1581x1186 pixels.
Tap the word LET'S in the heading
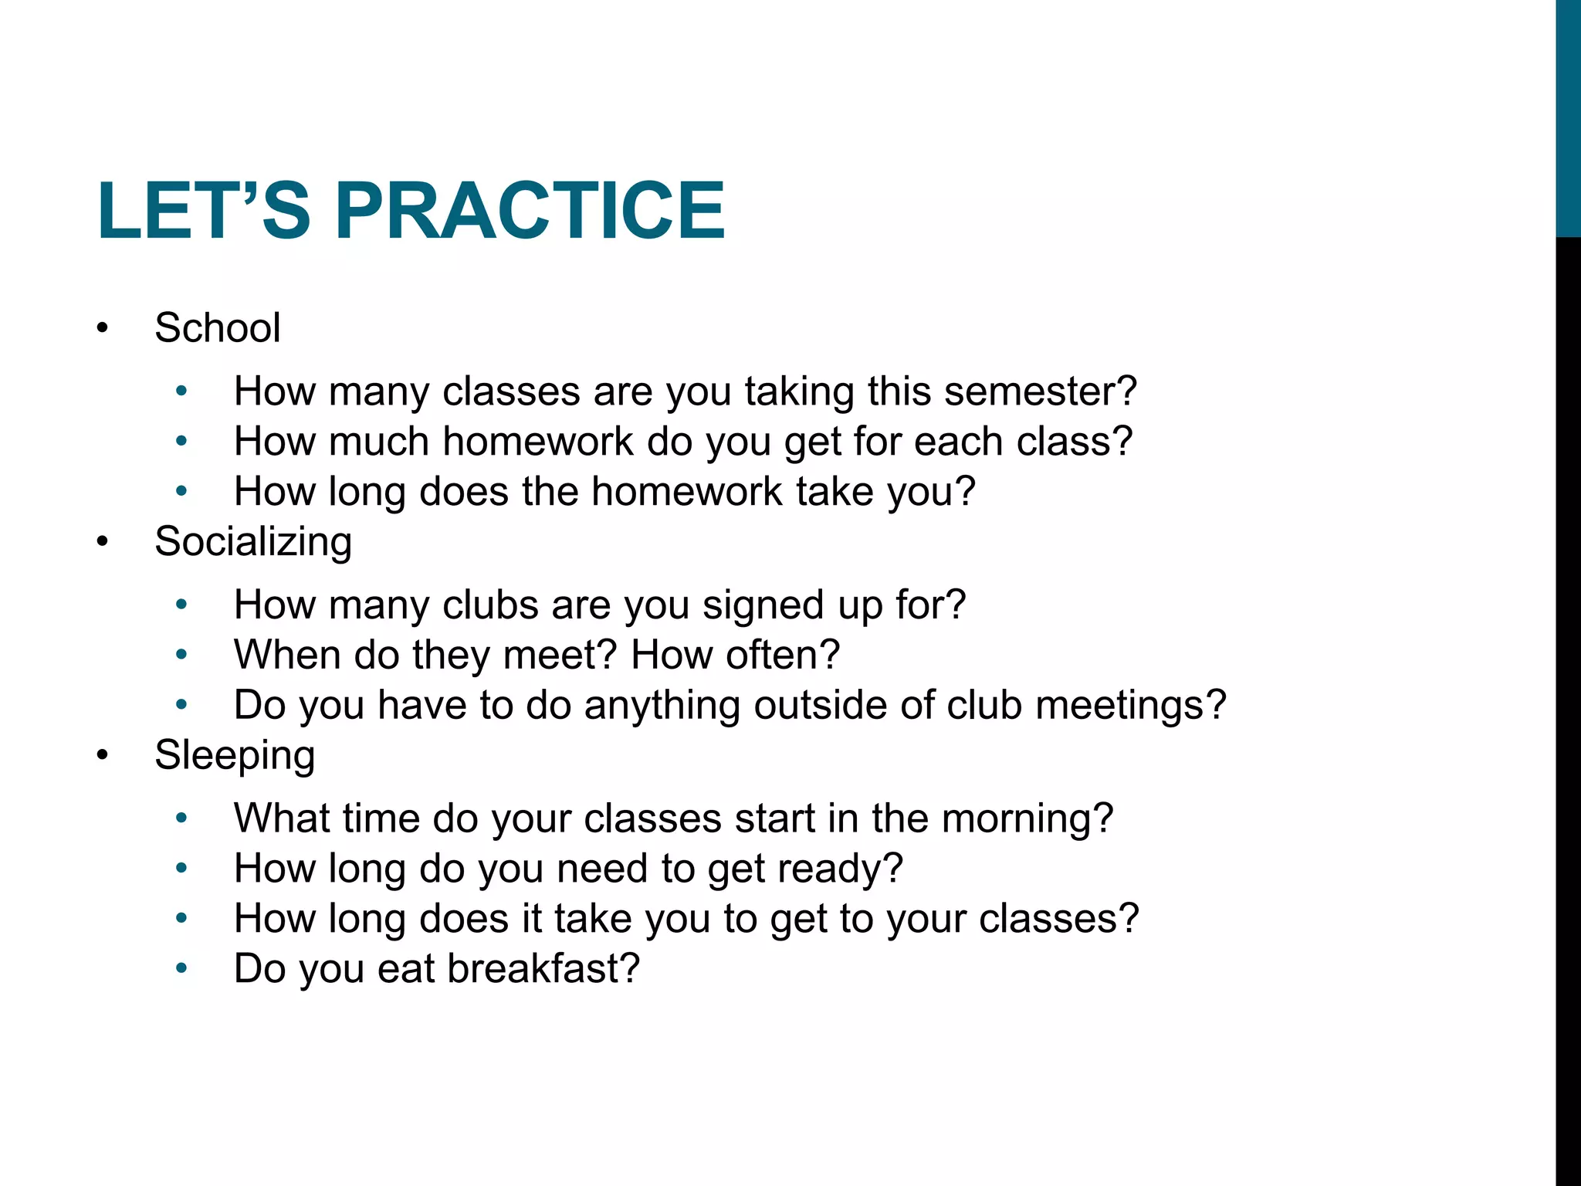(x=203, y=210)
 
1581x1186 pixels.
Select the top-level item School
(x=217, y=327)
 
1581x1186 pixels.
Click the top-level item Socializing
(x=252, y=541)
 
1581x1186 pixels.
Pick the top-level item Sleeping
(x=234, y=755)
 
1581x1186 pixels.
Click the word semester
(x=1040, y=391)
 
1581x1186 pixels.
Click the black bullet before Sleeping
(x=103, y=756)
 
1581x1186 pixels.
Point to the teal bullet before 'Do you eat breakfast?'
(x=181, y=968)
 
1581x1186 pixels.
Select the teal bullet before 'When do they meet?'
(x=181, y=655)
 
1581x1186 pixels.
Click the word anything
(x=662, y=706)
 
